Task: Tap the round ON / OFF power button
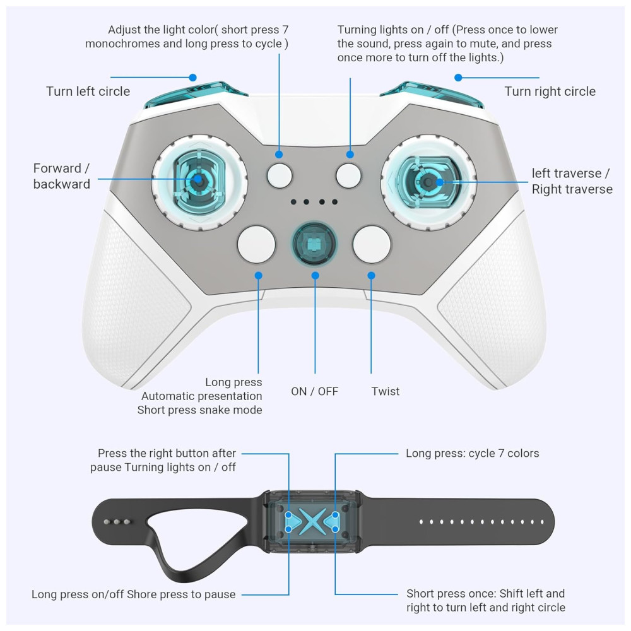[x=314, y=244]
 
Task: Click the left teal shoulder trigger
[x=196, y=95]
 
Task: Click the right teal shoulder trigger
[x=432, y=95]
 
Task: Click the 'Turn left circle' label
[x=88, y=91]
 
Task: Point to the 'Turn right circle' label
[x=550, y=91]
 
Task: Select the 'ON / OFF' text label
[x=315, y=391]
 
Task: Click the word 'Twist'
[x=386, y=391]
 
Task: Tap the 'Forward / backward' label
[x=62, y=176]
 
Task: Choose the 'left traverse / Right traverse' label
[x=572, y=181]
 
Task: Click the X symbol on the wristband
[x=312, y=522]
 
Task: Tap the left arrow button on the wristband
[x=293, y=522]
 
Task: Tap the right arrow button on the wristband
[x=331, y=522]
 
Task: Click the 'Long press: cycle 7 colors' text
[x=473, y=453]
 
